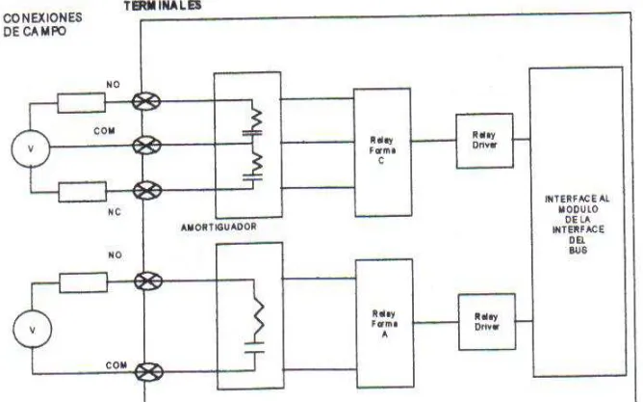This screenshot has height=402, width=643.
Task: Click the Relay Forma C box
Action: pos(382,152)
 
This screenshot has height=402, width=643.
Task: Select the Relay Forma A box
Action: pos(385,324)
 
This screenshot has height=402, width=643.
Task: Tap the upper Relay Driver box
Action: pos(485,141)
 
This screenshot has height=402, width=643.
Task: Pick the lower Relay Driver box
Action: pos(487,322)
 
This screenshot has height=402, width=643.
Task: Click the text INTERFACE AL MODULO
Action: pos(577,203)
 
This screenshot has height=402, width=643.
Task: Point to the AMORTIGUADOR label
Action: pos(219,227)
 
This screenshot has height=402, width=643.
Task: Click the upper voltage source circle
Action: pos(31,148)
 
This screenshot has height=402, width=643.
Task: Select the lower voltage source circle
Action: pos(33,330)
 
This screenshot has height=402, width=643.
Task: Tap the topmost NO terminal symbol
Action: pos(146,101)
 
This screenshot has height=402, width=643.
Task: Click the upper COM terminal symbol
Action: pos(146,146)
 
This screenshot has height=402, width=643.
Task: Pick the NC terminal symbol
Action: pos(147,191)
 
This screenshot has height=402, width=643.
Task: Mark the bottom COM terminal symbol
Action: pos(149,372)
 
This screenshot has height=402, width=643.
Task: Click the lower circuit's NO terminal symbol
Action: pos(148,281)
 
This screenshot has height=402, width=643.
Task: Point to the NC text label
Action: pos(115,212)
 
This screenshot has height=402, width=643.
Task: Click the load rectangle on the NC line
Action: pos(83,192)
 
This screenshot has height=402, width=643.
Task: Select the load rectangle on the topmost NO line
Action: pos(81,102)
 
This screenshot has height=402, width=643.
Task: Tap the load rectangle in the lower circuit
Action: pos(84,282)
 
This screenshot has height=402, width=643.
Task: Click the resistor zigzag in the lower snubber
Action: pos(258,315)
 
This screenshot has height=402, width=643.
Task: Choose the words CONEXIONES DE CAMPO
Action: pos(42,25)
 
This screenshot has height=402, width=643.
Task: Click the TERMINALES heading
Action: pos(163,6)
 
